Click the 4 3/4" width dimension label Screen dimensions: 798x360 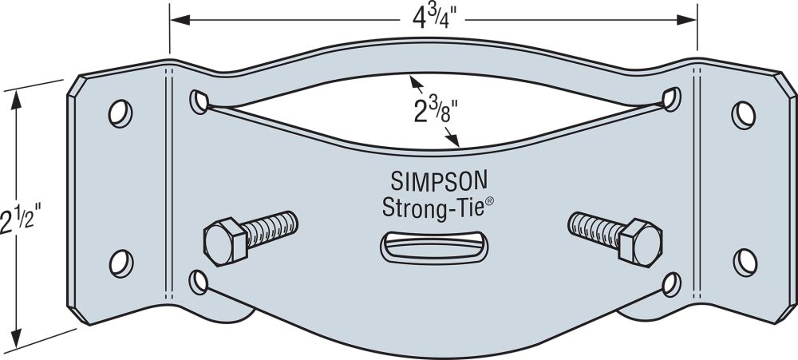[x=432, y=19]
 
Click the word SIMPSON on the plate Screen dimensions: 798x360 [x=439, y=180]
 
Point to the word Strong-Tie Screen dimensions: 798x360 [x=433, y=208]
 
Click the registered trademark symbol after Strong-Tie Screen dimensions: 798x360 [x=489, y=201]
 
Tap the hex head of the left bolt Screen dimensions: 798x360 [x=225, y=242]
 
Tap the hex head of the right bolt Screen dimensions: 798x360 [x=641, y=243]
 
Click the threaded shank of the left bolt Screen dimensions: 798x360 [x=270, y=230]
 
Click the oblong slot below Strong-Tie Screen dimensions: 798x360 [x=433, y=248]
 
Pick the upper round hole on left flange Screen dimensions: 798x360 [x=120, y=113]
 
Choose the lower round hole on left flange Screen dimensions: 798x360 [x=121, y=263]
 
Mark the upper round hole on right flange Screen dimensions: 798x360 [x=744, y=115]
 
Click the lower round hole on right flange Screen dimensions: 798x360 [x=745, y=263]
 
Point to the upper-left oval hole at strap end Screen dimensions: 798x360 [x=199, y=102]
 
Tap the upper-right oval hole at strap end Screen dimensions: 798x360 [x=672, y=99]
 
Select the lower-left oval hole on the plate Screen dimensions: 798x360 [x=198, y=283]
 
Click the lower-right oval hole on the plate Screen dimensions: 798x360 [x=672, y=285]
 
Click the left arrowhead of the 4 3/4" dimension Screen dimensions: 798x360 [x=180, y=20]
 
